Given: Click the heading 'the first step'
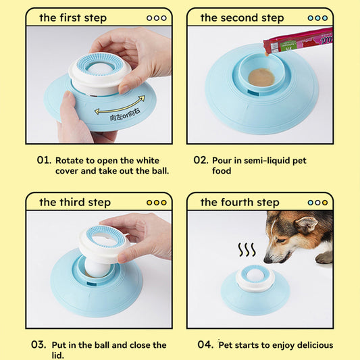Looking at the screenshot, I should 72,18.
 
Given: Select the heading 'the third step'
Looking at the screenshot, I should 74,202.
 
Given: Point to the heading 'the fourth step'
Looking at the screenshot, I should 239,202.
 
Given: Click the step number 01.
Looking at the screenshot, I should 44,161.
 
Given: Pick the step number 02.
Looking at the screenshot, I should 201,161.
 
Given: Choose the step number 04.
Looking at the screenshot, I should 205,345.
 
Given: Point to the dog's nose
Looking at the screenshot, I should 267,259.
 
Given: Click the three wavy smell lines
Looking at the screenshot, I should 247,250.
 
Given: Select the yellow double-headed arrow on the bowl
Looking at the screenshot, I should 120,108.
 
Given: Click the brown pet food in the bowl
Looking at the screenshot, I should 261,78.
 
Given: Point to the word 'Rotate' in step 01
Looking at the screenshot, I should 71,161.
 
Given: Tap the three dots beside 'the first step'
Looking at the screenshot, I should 156,18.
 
